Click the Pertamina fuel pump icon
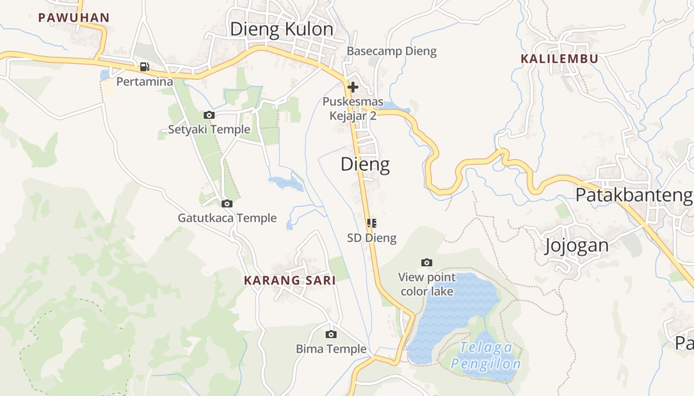coord(144,67)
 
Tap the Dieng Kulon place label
coord(282,29)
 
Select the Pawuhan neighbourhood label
coord(74,18)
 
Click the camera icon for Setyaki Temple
coord(209,115)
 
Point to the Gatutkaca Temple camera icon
coord(227,203)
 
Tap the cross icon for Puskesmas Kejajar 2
coord(353,88)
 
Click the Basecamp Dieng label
coord(392,51)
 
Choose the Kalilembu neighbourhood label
coord(559,58)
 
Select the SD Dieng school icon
coord(372,223)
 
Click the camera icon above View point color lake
coord(427,262)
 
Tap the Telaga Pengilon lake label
coord(486,356)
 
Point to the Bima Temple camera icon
coord(331,335)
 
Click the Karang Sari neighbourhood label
coord(289,280)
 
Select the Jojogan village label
coord(577,246)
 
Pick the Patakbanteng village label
coord(634,195)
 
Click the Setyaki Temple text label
coord(209,130)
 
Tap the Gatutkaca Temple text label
coord(227,218)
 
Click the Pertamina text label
coord(144,81)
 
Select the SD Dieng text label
coord(372,238)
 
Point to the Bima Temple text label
coord(331,349)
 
